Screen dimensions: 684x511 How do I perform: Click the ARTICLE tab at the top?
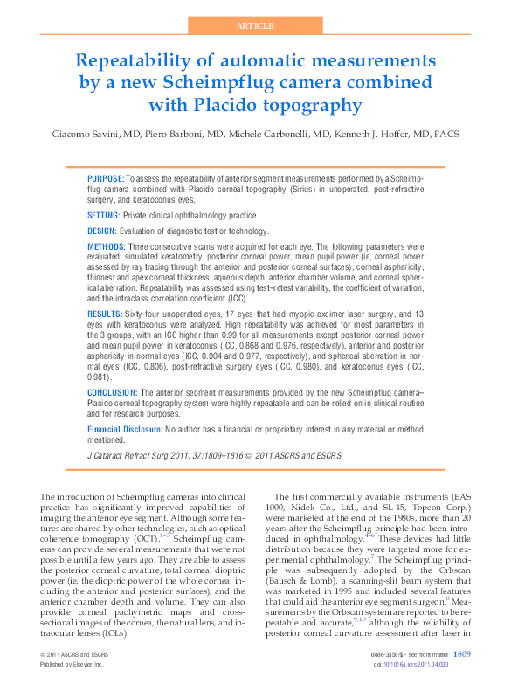click(256, 26)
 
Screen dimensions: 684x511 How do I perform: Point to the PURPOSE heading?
click(106, 177)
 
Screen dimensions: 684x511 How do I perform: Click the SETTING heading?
click(105, 215)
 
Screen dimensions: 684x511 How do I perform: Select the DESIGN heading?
click(103, 231)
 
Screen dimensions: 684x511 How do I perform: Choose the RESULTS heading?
click(105, 312)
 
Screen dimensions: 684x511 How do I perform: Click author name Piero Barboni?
click(176, 135)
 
